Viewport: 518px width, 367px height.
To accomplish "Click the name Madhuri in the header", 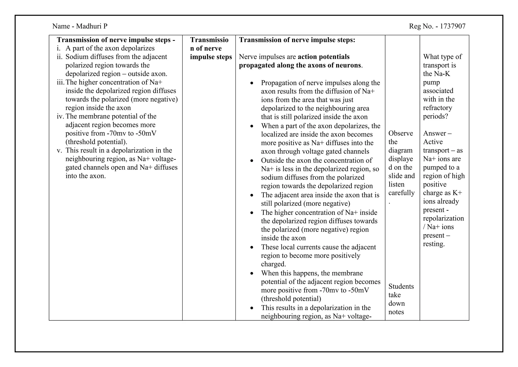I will [89, 26].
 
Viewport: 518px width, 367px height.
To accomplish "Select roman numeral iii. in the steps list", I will [60, 82].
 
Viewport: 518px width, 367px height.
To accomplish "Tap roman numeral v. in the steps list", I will [59, 150].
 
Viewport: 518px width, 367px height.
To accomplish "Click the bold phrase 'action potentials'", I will [323, 57].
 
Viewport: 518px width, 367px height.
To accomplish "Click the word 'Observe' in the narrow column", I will [400, 133].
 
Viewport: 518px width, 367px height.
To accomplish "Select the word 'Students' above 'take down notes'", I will [401, 286].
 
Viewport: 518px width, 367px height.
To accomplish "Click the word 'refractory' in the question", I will [437, 108].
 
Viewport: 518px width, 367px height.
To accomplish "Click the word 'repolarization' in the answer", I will [443, 218].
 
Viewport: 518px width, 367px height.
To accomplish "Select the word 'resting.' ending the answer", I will [434, 244].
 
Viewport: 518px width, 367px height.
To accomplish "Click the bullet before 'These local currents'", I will [252, 247].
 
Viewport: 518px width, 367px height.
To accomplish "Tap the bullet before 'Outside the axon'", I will [252, 161].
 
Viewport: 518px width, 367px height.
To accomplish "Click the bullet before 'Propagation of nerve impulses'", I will [252, 83].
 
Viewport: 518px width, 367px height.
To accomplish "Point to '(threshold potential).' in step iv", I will [96, 142].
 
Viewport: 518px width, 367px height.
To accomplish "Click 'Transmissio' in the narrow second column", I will [209, 40].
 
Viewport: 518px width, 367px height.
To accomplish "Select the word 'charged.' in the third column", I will [273, 264].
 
